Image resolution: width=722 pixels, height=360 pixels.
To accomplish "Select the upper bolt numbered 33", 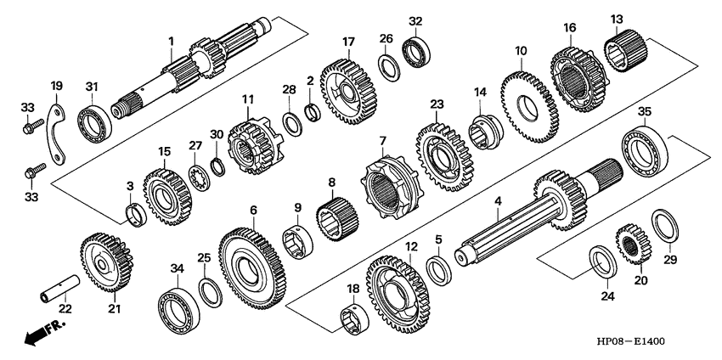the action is [x=34, y=127].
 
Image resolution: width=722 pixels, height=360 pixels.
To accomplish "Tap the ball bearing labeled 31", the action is [x=94, y=123].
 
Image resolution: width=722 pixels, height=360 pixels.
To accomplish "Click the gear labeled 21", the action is [x=106, y=262].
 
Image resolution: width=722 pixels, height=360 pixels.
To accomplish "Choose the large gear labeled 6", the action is [x=252, y=268].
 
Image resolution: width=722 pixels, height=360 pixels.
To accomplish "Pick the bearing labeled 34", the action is [x=178, y=311].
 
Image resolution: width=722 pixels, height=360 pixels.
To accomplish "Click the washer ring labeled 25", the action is [x=211, y=293].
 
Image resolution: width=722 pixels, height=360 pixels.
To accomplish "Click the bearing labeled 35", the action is [x=645, y=149].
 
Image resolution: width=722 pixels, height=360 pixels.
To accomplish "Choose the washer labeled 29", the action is [x=665, y=226].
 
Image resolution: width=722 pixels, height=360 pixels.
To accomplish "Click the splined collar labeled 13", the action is [x=625, y=51].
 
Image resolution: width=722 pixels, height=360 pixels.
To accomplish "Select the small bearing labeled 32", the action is [x=416, y=51].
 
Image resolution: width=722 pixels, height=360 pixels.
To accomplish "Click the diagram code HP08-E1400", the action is [x=631, y=341].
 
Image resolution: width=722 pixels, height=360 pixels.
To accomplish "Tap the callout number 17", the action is [x=348, y=42].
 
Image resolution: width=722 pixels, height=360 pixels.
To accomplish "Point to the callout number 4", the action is [x=499, y=200].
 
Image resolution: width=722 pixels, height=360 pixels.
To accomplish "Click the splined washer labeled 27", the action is [x=199, y=177].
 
